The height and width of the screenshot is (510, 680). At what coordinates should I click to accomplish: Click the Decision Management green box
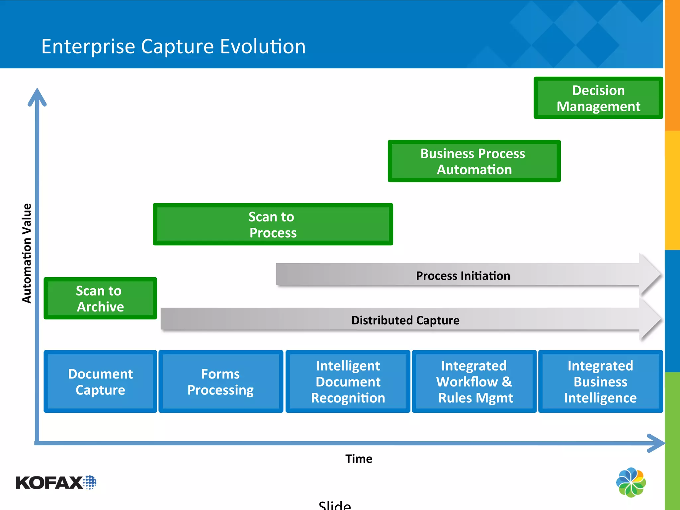point(598,98)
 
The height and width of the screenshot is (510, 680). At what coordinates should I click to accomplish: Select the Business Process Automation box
point(474,161)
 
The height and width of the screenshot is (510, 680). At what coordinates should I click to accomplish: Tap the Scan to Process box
point(273,224)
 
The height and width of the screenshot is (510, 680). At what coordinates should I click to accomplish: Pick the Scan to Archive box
point(100,298)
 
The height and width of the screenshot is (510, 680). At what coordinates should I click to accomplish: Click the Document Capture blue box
point(100,381)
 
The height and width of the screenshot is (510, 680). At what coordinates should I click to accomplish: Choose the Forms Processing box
point(220,381)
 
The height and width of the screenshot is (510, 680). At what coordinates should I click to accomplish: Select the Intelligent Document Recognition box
point(348,381)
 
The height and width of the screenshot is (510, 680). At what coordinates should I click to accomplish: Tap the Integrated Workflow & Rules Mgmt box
point(474,381)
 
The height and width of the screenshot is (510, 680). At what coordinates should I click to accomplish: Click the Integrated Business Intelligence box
point(600,381)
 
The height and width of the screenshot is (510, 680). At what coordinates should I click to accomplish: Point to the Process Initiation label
point(463,276)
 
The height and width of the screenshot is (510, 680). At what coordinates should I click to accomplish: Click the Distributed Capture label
point(405,320)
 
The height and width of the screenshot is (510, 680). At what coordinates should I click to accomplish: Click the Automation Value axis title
point(27,253)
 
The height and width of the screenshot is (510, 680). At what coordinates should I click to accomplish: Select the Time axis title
point(359,459)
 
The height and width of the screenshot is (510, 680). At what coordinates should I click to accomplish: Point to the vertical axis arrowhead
point(37,96)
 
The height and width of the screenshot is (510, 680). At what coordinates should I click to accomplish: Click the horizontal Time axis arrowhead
point(656,443)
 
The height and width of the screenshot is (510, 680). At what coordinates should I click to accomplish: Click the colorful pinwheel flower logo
point(631,482)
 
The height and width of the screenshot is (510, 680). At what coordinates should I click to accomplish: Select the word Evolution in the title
point(263,46)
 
